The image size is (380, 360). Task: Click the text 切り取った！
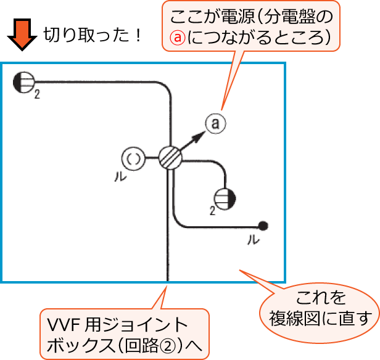pyautogui.click(x=93, y=35)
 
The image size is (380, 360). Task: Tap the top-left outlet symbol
pyautogui.click(x=25, y=82)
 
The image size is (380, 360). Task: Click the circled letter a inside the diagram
pyautogui.click(x=215, y=124)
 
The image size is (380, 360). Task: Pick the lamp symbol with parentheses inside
pyautogui.click(x=133, y=158)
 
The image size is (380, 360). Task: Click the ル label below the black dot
pyautogui.click(x=252, y=240)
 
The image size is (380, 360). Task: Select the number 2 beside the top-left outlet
pyautogui.click(x=38, y=94)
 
